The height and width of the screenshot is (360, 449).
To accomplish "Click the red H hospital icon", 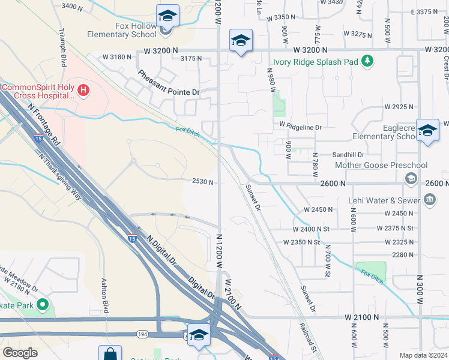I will [x=84, y=91].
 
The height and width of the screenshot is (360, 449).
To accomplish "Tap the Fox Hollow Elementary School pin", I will [x=167, y=16].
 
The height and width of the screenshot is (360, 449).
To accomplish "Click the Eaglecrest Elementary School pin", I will [x=427, y=131].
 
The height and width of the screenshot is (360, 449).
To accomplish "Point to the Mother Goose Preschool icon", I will [x=411, y=178].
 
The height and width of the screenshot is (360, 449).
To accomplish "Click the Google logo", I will [x=20, y=352].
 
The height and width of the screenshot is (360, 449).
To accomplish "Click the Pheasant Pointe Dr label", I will [x=168, y=83].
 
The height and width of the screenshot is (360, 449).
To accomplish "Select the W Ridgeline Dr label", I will [x=300, y=127].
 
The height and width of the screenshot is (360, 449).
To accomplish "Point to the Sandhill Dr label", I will [x=348, y=154].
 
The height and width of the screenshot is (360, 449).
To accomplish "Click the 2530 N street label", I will [x=202, y=182].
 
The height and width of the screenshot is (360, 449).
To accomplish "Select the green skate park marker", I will [x=42, y=305].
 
